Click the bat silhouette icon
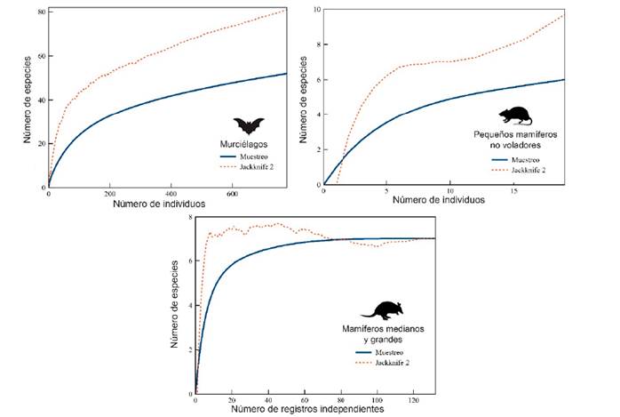tap(250, 125)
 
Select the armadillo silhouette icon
tap(381, 310)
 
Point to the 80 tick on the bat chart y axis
tap(41, 12)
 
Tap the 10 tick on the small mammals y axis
tap(315, 9)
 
